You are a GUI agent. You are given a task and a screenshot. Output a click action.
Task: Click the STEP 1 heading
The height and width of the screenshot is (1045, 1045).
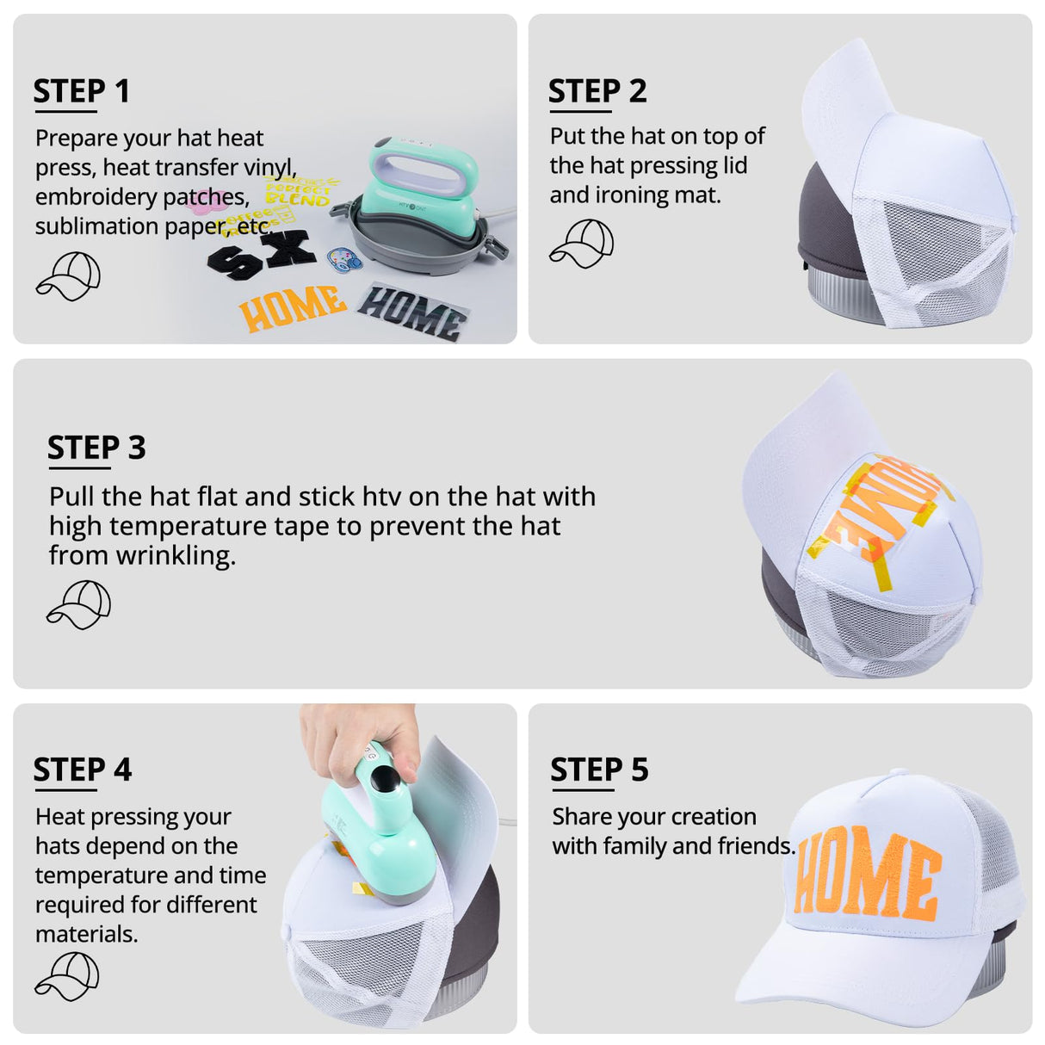point(81,90)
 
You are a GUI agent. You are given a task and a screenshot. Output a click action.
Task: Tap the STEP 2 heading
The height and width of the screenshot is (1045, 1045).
point(597,90)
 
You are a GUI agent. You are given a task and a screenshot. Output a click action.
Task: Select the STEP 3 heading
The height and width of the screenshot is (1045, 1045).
point(96,448)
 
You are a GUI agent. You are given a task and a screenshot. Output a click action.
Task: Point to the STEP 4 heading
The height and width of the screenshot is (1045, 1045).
point(83,770)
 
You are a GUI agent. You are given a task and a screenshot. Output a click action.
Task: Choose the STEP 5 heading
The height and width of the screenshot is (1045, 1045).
point(599,770)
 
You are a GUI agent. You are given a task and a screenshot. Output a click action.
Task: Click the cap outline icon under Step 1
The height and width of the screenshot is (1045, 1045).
point(68,275)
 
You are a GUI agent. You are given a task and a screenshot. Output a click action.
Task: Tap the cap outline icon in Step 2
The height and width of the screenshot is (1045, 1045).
point(581,243)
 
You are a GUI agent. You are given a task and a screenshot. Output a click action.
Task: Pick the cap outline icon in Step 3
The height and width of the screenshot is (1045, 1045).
point(78,604)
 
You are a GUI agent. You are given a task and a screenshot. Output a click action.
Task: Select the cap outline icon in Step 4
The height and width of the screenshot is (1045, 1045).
point(66,977)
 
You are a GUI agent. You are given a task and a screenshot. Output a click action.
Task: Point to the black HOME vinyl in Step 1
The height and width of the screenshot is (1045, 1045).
point(412,312)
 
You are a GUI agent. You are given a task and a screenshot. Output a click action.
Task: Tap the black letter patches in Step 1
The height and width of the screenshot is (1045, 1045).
point(262,252)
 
